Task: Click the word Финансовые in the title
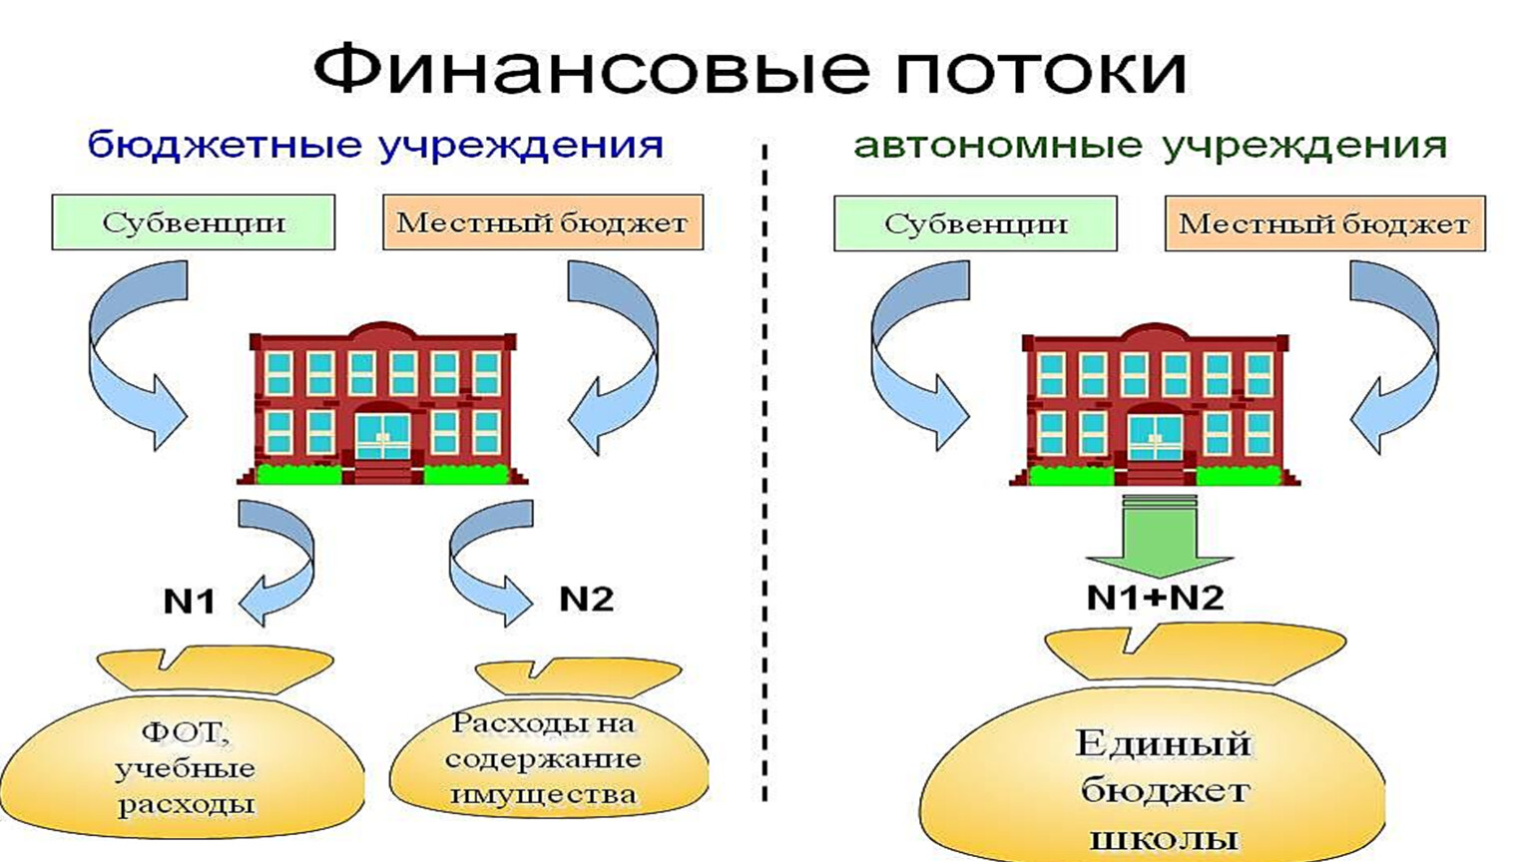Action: [592, 69]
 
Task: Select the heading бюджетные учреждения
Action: [375, 146]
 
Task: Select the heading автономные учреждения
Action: [1150, 146]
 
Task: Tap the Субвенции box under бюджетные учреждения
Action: [194, 222]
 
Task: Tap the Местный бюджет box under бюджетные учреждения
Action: [543, 222]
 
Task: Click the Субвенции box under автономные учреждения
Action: [975, 223]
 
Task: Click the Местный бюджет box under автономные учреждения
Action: [1325, 223]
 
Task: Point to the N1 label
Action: [190, 601]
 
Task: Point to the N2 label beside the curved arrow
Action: [586, 599]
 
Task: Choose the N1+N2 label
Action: [1155, 598]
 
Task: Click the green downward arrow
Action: [1159, 536]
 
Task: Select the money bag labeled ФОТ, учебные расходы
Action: [183, 744]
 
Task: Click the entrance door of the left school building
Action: [382, 436]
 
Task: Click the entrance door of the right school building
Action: [1155, 438]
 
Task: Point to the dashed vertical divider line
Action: [765, 471]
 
